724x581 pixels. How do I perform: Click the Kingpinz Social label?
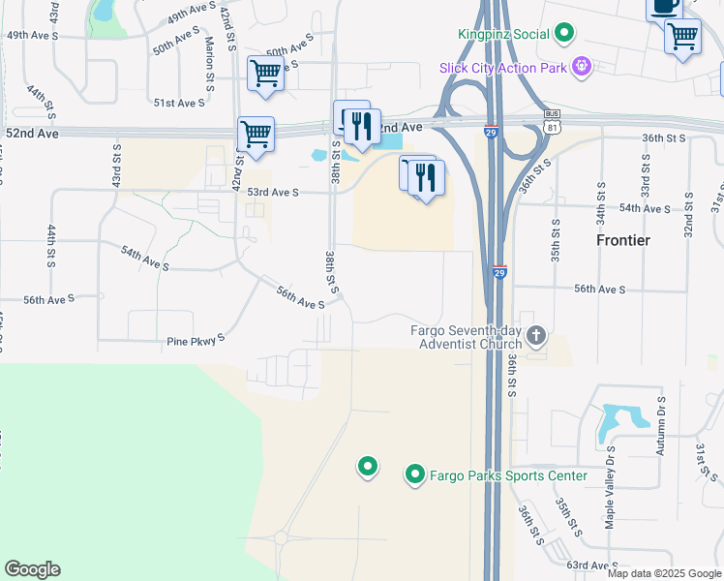pyautogui.click(x=503, y=34)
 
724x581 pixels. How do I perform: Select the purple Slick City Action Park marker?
pyautogui.click(x=581, y=67)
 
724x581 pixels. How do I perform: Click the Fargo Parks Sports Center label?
pyautogui.click(x=509, y=475)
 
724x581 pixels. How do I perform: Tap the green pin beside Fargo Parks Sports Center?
pyautogui.click(x=414, y=474)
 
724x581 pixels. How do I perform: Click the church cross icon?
pyautogui.click(x=535, y=338)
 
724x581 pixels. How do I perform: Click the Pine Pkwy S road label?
pyautogui.click(x=196, y=340)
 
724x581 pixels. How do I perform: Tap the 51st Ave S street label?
pyautogui.click(x=179, y=103)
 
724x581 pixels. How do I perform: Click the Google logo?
pyautogui.click(x=32, y=569)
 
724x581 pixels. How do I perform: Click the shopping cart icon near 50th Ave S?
pyautogui.click(x=264, y=74)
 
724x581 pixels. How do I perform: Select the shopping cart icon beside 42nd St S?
pyautogui.click(x=256, y=135)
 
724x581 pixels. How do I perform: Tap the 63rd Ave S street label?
pyautogui.click(x=590, y=566)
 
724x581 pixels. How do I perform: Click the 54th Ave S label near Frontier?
pyautogui.click(x=645, y=208)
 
